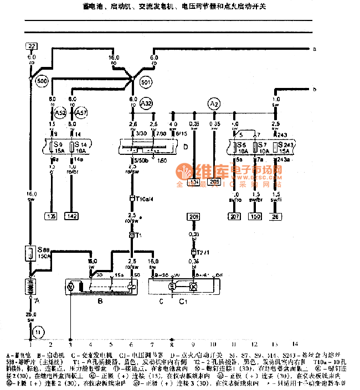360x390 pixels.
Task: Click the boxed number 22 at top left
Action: click(x=32, y=45)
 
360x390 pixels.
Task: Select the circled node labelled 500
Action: click(x=41, y=81)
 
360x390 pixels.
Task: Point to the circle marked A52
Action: click(x=61, y=113)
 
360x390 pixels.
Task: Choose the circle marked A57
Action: click(x=81, y=113)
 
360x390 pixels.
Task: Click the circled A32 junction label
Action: click(x=146, y=103)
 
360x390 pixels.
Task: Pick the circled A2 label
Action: click(x=214, y=103)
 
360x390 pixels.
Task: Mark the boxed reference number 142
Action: click(x=72, y=216)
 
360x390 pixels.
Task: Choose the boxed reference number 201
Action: click(x=194, y=216)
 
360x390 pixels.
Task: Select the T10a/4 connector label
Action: click(x=143, y=199)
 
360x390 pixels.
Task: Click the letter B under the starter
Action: click(x=100, y=301)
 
